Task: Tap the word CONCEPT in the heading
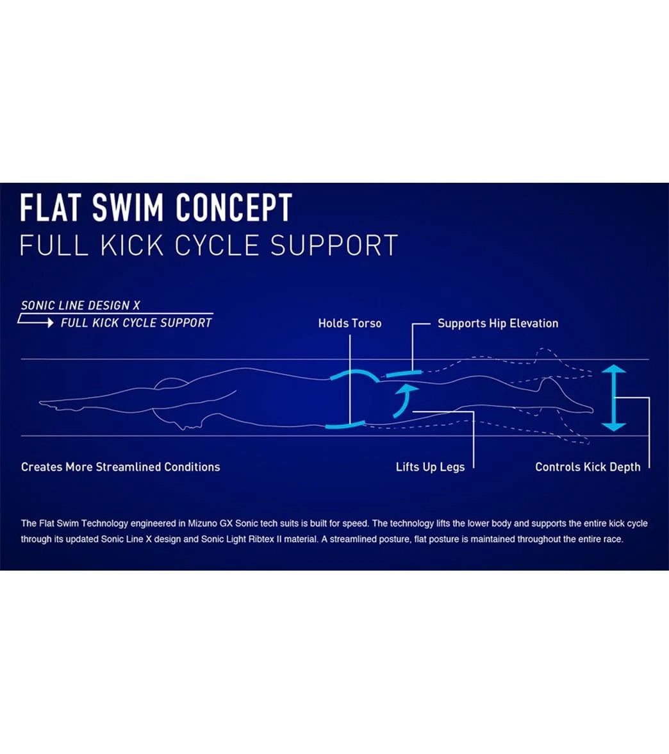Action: (x=234, y=208)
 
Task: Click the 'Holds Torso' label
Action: (x=349, y=324)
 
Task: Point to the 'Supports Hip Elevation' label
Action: (x=497, y=324)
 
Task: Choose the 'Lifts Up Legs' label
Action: (x=430, y=467)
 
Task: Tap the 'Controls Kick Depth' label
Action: (x=588, y=467)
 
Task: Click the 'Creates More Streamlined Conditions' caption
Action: (x=120, y=467)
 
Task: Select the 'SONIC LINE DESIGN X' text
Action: (x=81, y=305)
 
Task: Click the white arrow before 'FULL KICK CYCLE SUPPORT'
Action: (x=37, y=322)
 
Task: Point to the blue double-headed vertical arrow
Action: (x=614, y=398)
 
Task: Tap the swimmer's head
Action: (x=172, y=385)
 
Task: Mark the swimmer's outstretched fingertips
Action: (x=42, y=403)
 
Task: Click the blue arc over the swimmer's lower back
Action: (x=354, y=374)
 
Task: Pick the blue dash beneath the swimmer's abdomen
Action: (x=345, y=424)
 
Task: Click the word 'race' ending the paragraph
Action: (x=611, y=539)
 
